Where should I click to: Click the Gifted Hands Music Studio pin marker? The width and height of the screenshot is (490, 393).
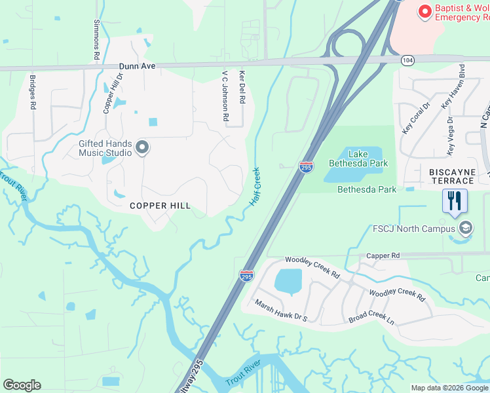click(x=142, y=149)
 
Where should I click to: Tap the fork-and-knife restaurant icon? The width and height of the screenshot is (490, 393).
click(x=455, y=200)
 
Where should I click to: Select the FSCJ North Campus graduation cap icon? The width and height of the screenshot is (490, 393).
click(x=466, y=229)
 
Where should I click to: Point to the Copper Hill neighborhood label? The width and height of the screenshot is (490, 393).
click(x=160, y=206)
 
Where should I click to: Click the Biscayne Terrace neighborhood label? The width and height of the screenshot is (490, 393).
click(x=456, y=172)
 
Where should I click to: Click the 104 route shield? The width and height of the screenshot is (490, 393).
click(x=408, y=60)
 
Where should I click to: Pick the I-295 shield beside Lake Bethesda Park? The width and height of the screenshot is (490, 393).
click(x=306, y=167)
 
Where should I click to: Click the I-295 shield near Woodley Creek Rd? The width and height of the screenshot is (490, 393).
click(x=246, y=276)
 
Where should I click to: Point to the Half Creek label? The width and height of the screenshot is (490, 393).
click(x=255, y=187)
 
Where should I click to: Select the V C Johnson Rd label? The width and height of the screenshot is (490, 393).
click(x=225, y=96)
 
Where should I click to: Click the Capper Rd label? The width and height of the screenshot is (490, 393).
click(x=383, y=255)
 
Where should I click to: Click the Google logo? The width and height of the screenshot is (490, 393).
click(x=22, y=385)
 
